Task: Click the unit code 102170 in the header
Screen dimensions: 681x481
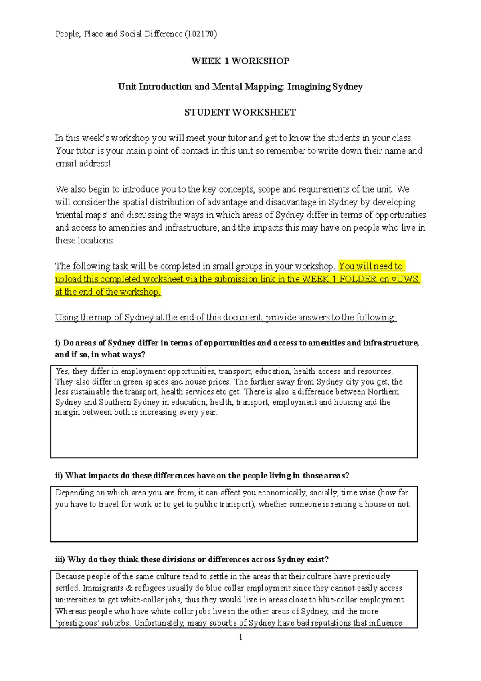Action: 201,34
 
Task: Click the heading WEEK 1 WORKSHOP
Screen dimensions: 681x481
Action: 240,61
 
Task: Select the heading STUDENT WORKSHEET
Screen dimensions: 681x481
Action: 240,112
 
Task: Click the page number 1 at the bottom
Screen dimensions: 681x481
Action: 240,637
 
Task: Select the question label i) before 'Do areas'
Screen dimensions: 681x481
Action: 58,343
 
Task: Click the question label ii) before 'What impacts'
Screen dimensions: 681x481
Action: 59,476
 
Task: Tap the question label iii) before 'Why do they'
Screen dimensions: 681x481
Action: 60,559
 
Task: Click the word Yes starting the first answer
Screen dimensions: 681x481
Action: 63,371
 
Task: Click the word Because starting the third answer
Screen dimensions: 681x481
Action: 70,576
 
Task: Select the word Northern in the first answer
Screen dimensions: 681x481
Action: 383,392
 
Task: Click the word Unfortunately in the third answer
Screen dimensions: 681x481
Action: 159,623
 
